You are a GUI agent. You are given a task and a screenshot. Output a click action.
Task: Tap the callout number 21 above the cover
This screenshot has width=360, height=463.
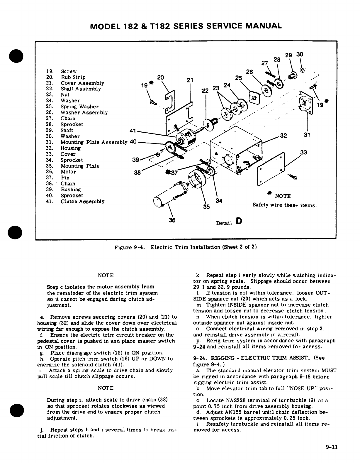pos(190,80)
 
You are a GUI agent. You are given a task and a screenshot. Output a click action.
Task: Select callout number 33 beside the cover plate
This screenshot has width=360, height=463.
pos(304,153)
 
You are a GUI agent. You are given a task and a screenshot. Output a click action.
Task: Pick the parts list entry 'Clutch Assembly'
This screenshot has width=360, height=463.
pos(82,202)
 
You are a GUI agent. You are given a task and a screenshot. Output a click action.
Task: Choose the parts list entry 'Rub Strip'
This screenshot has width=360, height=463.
pos(73,77)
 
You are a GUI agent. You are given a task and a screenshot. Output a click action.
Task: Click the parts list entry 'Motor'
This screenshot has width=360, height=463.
pos(68,172)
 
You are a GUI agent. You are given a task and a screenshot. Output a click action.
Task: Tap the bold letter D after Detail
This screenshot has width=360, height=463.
pos(238,221)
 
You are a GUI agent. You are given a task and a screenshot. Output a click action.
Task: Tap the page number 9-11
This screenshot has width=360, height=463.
pos(332,455)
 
